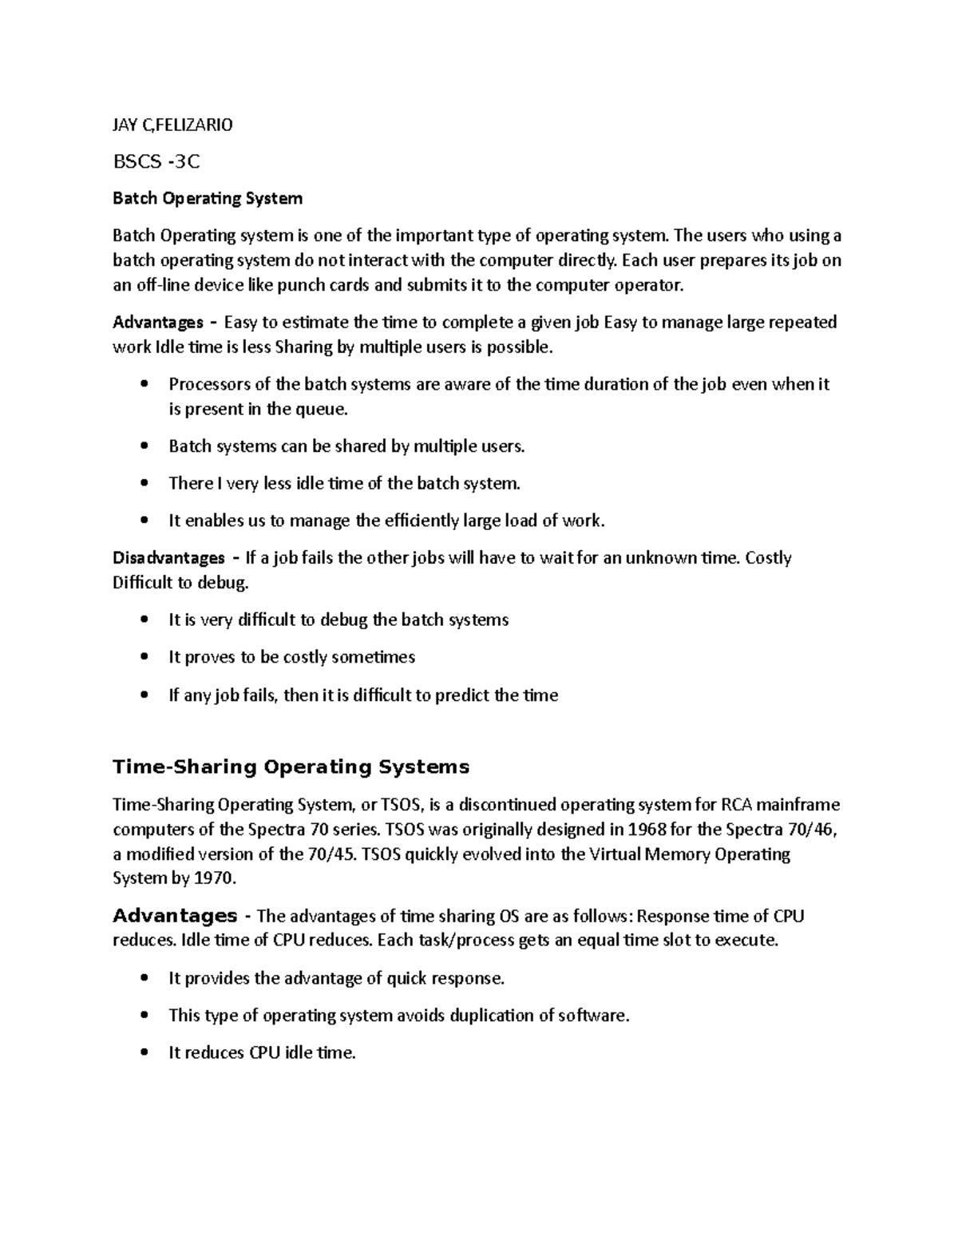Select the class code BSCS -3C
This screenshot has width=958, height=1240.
click(x=156, y=162)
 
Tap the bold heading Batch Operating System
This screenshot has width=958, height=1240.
click(x=208, y=198)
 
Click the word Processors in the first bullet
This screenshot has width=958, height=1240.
click(x=208, y=384)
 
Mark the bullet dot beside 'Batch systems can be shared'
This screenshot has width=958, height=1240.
click(x=144, y=446)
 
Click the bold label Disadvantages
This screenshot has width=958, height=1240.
click(x=168, y=557)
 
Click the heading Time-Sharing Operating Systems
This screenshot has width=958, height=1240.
click(x=291, y=767)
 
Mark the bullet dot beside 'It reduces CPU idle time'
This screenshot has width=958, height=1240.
click(x=144, y=1053)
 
